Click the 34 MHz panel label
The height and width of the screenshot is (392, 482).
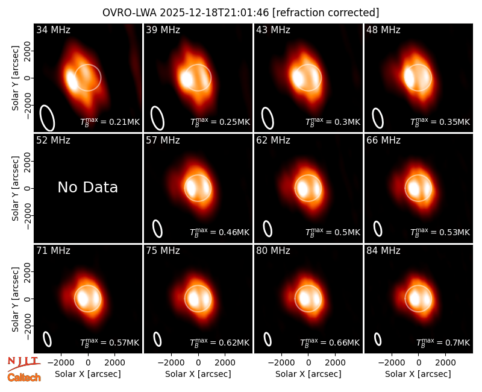click(x=53, y=30)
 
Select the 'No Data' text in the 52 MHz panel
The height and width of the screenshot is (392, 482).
click(x=87, y=188)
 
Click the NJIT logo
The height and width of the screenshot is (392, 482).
click(x=23, y=364)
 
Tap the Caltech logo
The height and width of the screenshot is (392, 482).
click(x=24, y=378)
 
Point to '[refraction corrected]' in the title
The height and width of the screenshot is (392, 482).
click(x=325, y=13)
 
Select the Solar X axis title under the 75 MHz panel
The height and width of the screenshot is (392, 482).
click(x=198, y=374)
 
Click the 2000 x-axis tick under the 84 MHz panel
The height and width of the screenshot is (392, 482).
click(x=445, y=362)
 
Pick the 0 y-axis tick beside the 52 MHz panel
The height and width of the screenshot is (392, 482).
click(x=28, y=188)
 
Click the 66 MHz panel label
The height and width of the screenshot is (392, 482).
click(x=383, y=141)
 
